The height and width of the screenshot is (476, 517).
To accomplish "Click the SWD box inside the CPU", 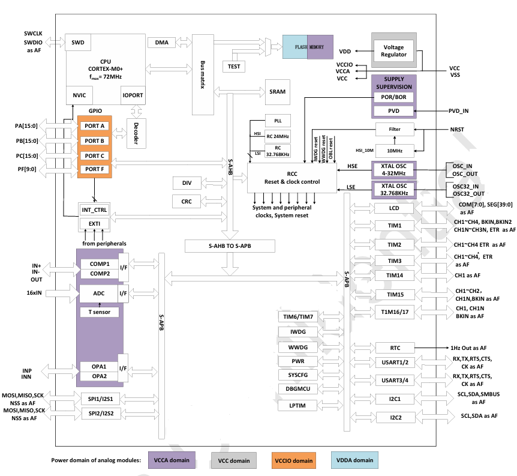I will point(78,43).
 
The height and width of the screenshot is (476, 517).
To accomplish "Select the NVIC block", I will point(79,95).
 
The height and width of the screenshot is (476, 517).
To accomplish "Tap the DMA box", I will point(161,43).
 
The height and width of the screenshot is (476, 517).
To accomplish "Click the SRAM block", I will point(278,91).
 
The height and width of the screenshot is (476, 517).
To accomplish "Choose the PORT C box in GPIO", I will point(95,155).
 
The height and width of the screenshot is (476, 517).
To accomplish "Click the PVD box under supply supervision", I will point(393,111).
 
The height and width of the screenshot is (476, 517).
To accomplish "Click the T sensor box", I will point(100,312).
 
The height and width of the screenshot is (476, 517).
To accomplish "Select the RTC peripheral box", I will point(395,348).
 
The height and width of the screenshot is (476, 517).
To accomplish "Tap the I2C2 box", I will point(395,417).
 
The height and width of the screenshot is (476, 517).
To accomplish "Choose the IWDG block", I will point(298,331).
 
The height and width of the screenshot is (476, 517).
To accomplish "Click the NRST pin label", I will point(457,129).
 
